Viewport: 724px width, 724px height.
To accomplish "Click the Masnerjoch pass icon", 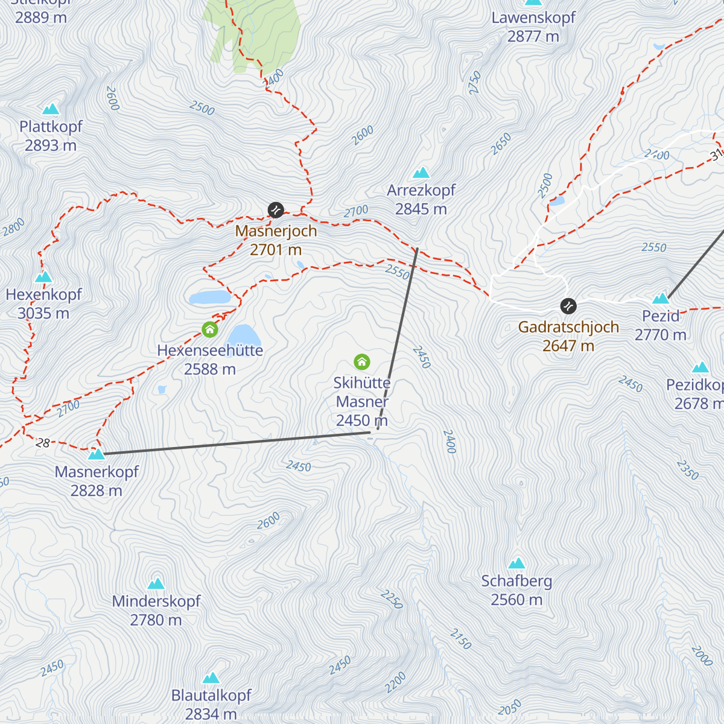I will click(x=276, y=210).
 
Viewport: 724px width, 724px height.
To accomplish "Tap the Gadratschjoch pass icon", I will click(x=568, y=306).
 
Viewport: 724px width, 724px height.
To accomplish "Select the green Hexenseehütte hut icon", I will click(x=210, y=329).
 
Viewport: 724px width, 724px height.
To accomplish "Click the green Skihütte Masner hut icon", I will click(x=362, y=362).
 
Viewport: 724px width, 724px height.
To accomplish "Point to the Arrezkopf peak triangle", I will click(x=421, y=173).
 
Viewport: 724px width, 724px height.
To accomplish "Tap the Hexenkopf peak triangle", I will click(x=43, y=277).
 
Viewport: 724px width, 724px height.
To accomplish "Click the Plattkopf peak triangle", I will click(x=51, y=109).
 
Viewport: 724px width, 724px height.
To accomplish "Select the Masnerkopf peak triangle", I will click(x=97, y=454).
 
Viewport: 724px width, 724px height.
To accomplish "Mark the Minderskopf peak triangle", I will click(x=156, y=583).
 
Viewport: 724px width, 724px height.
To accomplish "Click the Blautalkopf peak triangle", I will click(x=211, y=678).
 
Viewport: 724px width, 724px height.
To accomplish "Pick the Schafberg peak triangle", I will click(x=516, y=564).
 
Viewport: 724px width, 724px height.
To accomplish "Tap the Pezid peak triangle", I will click(x=661, y=298).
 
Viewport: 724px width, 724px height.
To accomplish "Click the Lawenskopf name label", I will click(x=533, y=17).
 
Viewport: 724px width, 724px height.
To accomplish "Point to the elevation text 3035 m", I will click(x=43, y=313).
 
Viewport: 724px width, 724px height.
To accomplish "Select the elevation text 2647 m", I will click(x=568, y=346).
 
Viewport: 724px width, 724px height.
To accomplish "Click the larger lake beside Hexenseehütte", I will click(x=244, y=335).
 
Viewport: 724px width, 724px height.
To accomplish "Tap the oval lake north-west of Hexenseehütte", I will click(x=209, y=297).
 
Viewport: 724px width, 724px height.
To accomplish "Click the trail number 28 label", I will click(x=43, y=443).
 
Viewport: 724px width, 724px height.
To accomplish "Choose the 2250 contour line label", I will click(x=391, y=599).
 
